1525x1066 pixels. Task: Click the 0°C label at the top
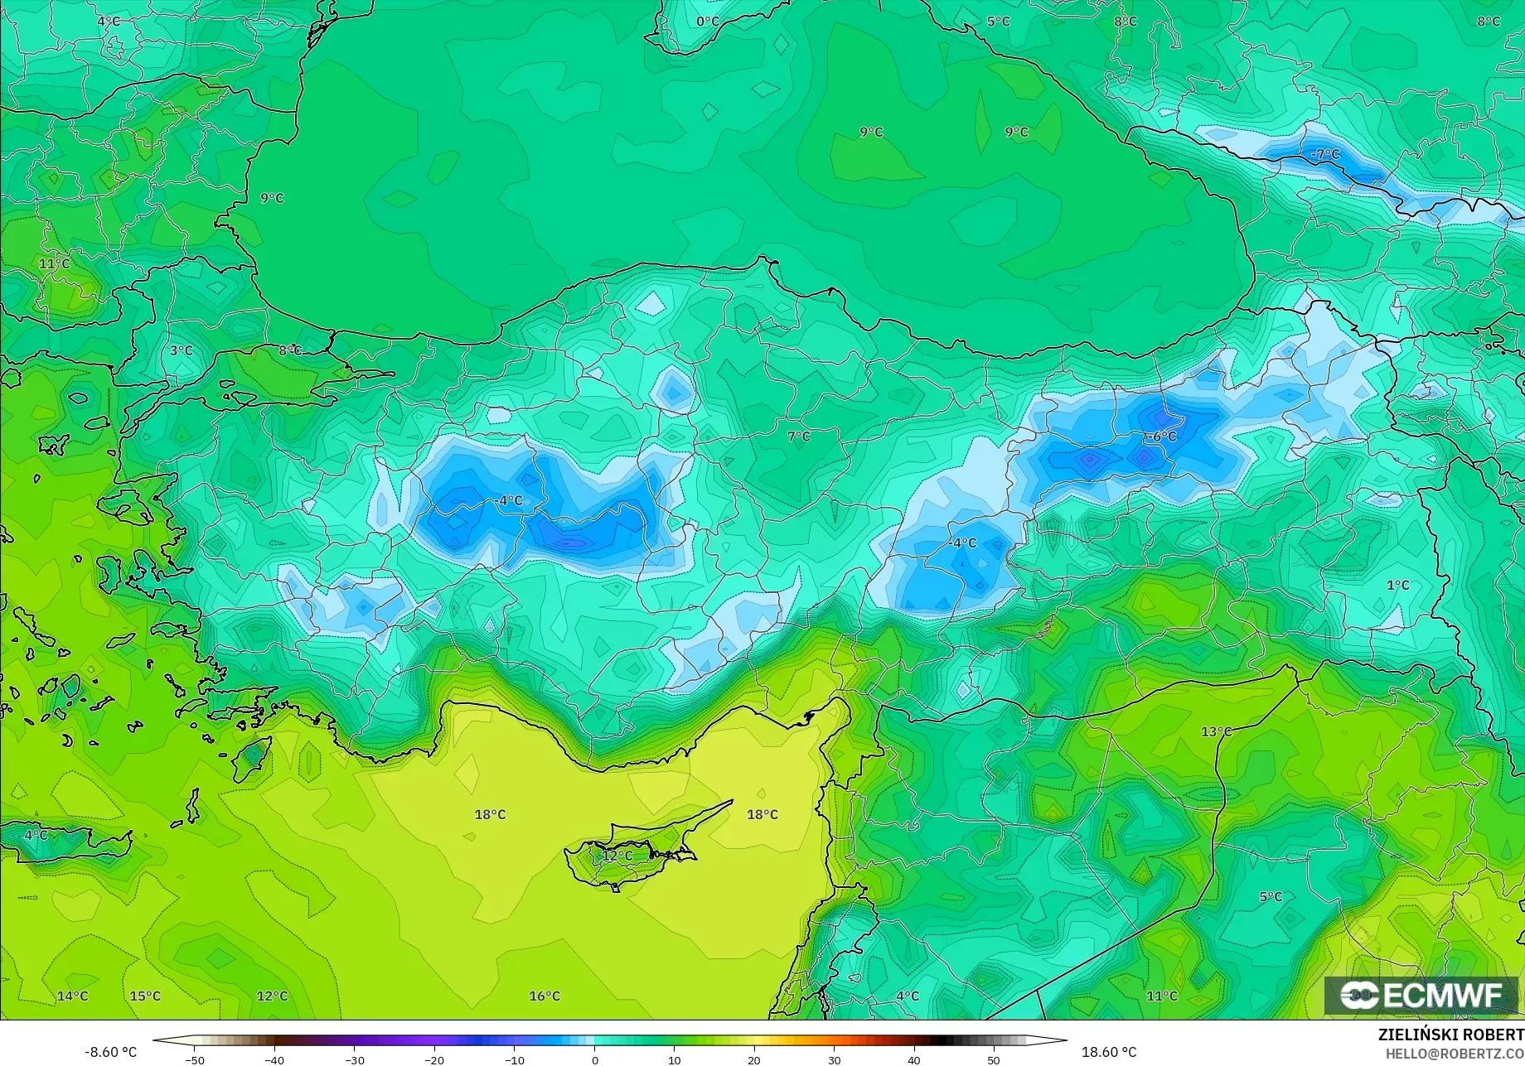(x=708, y=22)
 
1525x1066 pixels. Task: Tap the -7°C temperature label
(x=1324, y=154)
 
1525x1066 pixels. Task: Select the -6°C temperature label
(x=1161, y=437)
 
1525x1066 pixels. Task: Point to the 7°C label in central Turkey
(x=799, y=437)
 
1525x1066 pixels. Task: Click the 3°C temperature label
(x=182, y=350)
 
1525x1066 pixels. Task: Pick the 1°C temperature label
(x=1398, y=585)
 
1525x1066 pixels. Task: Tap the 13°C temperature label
(x=1217, y=731)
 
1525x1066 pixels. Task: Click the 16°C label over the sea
(x=545, y=996)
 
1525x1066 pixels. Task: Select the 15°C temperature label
(x=145, y=996)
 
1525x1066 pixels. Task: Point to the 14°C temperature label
(x=72, y=996)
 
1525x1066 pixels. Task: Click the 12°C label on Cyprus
(x=617, y=856)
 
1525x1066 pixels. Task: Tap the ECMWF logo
(x=1421, y=996)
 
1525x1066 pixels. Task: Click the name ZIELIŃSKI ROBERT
(x=1450, y=1035)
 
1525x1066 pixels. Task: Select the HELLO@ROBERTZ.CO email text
(x=1455, y=1053)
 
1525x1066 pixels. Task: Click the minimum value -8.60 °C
(x=110, y=1052)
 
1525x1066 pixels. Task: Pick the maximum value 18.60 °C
(x=1109, y=1052)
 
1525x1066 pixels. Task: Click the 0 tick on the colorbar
(x=594, y=1060)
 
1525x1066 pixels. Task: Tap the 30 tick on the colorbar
(x=834, y=1060)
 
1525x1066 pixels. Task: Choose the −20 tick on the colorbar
(x=434, y=1060)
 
